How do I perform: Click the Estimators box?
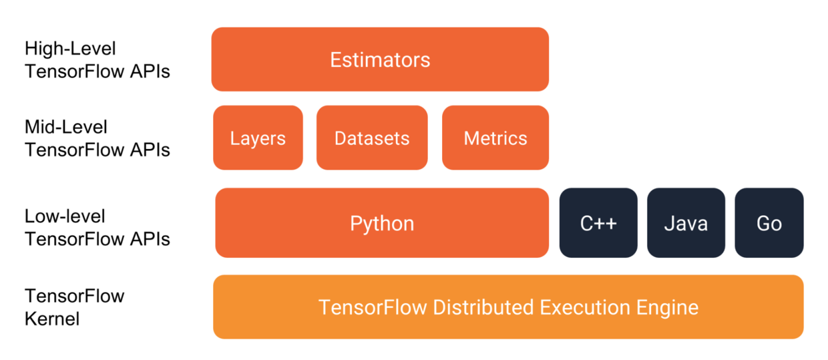coord(380,59)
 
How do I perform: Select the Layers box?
coord(258,138)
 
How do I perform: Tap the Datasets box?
coord(372,138)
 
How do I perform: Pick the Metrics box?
coord(495,138)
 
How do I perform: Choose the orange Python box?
coord(382,223)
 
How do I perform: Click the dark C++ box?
coord(598,223)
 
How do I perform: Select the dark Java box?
coord(686,223)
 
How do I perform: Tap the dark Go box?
coord(769,223)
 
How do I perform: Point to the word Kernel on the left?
coord(52,319)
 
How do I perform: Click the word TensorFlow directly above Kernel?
coord(75,296)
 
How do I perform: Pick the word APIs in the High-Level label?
coord(150,71)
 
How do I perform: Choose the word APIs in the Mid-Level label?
coord(150,150)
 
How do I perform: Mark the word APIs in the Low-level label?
coord(150,239)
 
